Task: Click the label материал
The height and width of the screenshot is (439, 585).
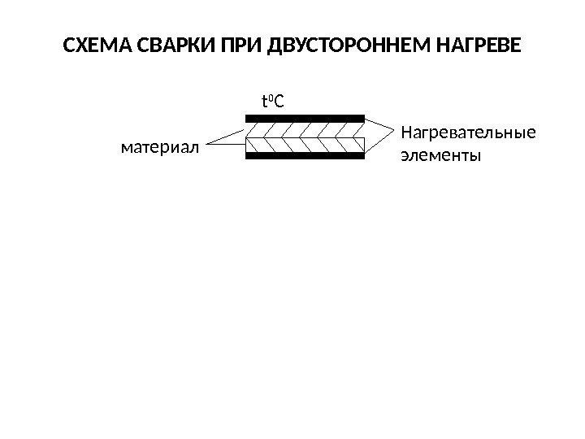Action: [x=158, y=148]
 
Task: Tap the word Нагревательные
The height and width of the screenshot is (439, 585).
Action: [x=469, y=132]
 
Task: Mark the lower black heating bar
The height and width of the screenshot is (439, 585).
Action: [x=305, y=156]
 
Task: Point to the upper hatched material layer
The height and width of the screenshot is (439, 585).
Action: [x=305, y=129]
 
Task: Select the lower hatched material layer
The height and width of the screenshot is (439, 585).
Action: [x=305, y=146]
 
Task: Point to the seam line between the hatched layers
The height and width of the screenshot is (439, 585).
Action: [x=305, y=137]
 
